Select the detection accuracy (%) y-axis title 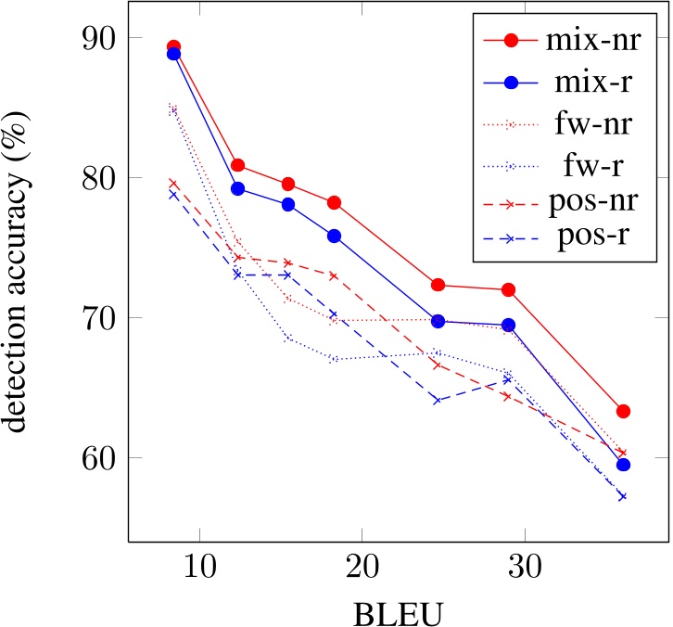[22, 275]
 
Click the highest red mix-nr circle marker [173, 46]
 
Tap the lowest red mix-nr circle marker [624, 411]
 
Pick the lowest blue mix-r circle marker [624, 465]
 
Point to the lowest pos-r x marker [623, 496]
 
